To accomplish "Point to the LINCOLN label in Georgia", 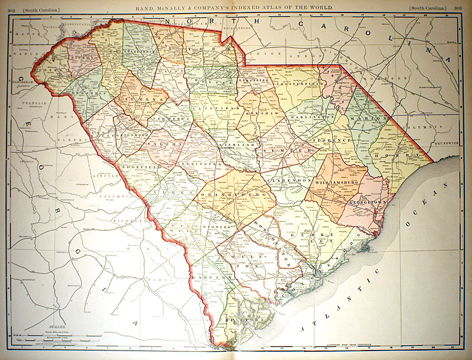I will (107, 176).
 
